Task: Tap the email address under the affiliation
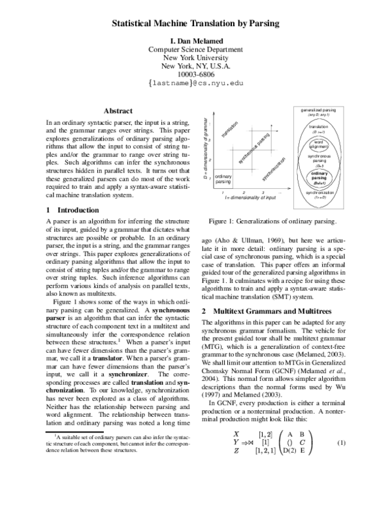(196, 84)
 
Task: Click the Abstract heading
(118, 112)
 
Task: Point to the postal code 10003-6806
(196, 74)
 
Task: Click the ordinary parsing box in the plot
(223, 179)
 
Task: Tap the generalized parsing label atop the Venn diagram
(318, 111)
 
